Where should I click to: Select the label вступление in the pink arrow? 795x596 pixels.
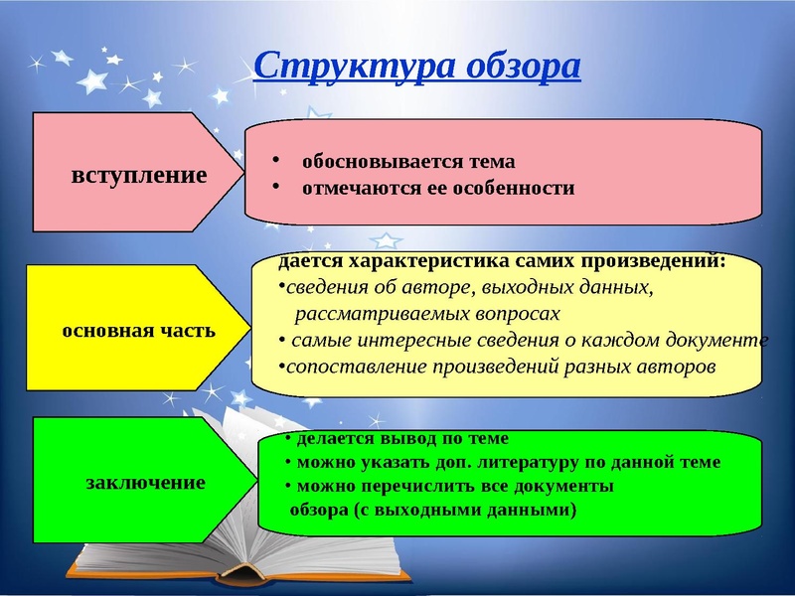139,176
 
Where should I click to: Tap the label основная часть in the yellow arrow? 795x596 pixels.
138,330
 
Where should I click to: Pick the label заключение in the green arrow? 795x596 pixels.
146,483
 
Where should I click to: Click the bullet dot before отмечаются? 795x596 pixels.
279,188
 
